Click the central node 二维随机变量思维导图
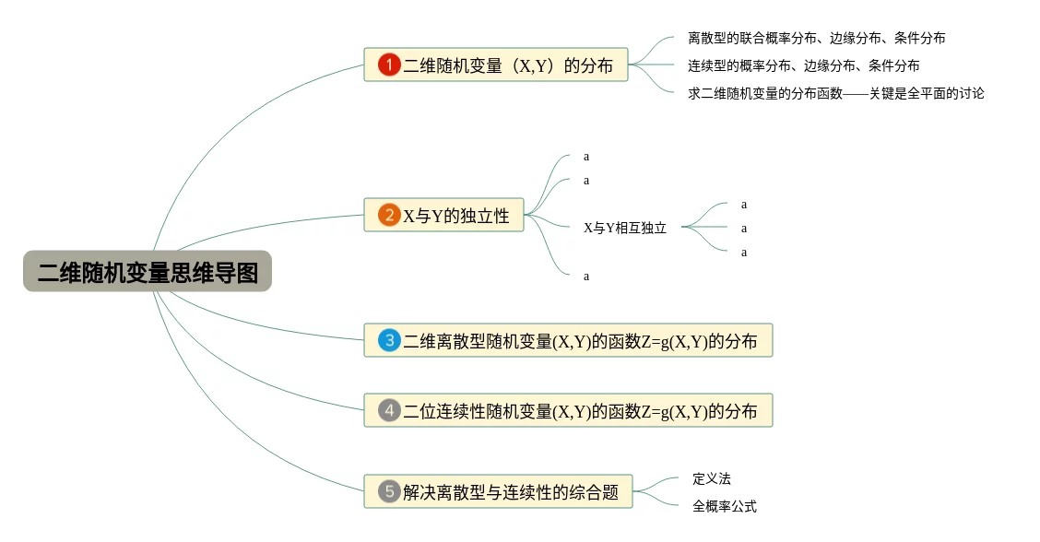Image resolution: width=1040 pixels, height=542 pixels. pos(148,272)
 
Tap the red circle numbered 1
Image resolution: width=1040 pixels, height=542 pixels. pos(389,65)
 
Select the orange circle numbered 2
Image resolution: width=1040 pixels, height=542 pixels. pos(389,216)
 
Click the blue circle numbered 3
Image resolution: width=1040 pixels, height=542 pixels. pos(389,340)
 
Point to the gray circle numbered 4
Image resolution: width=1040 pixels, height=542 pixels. pos(389,410)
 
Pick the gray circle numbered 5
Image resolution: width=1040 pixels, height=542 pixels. pos(389,490)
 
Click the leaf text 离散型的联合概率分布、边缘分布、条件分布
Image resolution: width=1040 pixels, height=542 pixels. pos(816,39)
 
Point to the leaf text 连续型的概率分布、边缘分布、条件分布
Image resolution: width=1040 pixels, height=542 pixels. pos(803,65)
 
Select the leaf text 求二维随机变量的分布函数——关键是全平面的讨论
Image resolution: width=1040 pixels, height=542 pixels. pos(835,93)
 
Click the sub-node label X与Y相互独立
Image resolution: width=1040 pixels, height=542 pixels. pos(624,228)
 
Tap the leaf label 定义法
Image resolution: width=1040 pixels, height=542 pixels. pos(711,479)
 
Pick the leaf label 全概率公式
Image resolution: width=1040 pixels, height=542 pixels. pos(724,506)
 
